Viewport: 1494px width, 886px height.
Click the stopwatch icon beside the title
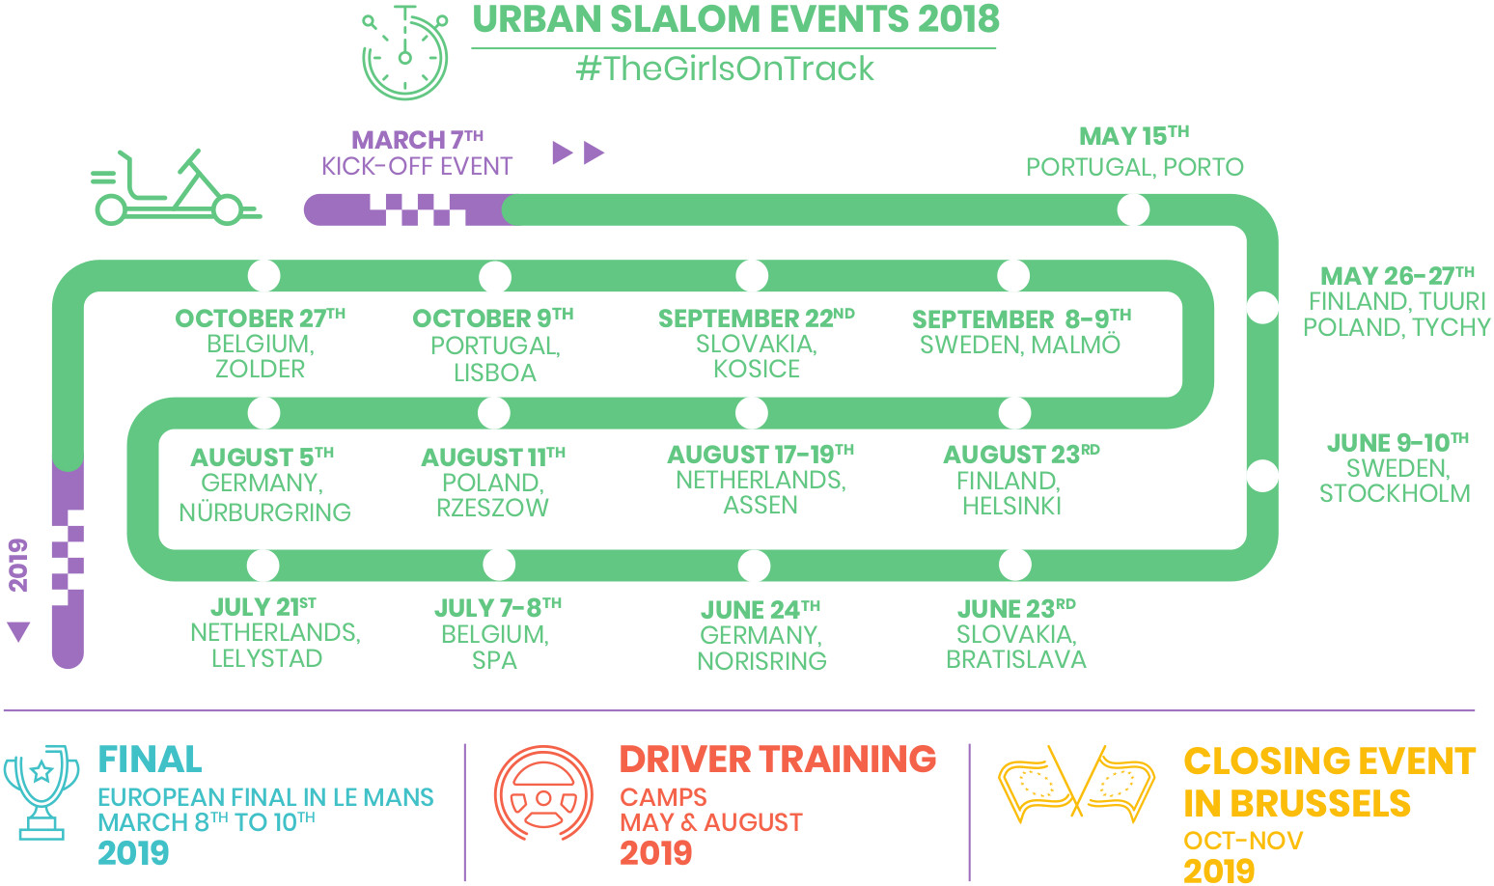[x=404, y=52]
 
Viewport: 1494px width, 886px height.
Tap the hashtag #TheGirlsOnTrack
[x=725, y=69]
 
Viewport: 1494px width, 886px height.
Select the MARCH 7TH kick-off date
[x=417, y=139]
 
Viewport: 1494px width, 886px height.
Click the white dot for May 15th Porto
[x=1133, y=209]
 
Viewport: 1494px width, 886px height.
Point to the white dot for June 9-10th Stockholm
[x=1262, y=477]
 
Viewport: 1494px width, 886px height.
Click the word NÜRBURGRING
[x=264, y=512]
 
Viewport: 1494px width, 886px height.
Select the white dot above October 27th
[x=264, y=275]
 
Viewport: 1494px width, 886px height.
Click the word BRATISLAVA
[x=1016, y=659]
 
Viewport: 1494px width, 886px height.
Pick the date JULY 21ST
[x=263, y=607]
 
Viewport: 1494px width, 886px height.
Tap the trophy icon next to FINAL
[x=41, y=792]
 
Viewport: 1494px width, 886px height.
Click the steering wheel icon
[x=543, y=793]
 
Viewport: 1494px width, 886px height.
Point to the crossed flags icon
[x=1076, y=784]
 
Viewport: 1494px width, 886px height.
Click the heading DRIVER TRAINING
[x=778, y=760]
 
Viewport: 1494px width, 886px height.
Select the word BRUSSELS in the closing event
[x=1320, y=803]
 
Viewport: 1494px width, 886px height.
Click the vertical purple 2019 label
[x=18, y=566]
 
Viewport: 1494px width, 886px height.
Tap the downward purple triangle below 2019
[x=18, y=631]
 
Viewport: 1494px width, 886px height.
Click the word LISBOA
[x=495, y=373]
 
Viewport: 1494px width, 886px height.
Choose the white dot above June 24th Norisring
[x=755, y=566]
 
